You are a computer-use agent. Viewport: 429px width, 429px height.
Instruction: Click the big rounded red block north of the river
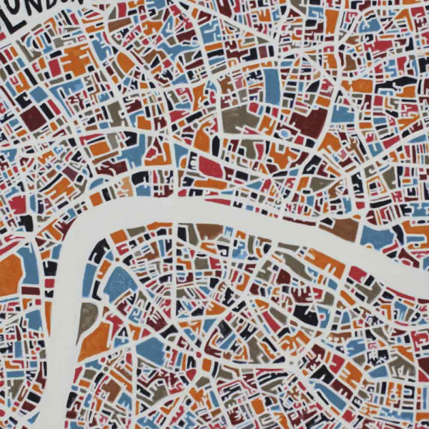(210, 167)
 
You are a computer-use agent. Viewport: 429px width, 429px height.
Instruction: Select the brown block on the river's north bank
(345, 230)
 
